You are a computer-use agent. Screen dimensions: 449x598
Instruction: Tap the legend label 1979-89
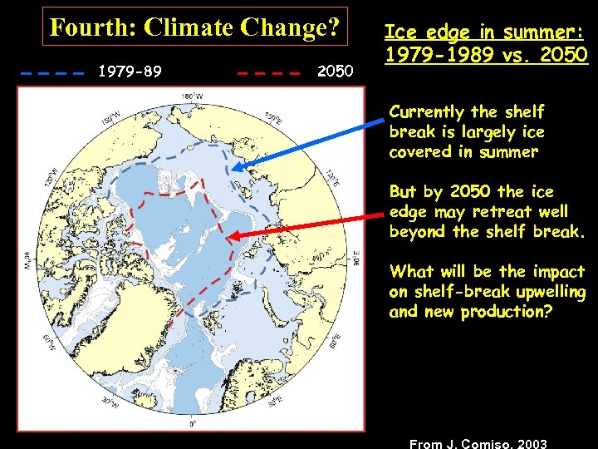(x=130, y=72)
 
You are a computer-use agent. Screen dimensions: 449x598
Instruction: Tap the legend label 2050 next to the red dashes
(x=335, y=72)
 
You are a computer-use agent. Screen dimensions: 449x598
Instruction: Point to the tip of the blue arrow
(x=233, y=170)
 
